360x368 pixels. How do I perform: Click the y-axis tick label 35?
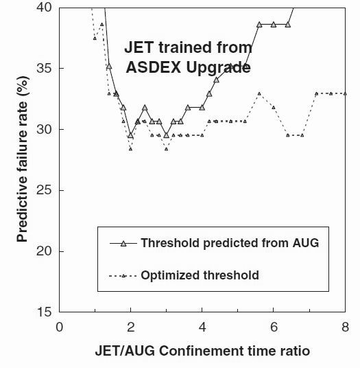[x=44, y=68]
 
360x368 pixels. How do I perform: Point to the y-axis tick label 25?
[x=44, y=190]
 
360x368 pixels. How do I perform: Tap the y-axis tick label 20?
[x=44, y=251]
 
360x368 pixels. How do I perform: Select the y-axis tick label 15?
[x=44, y=312]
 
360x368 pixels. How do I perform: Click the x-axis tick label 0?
[x=59, y=327]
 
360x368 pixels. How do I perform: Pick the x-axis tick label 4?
[x=202, y=327]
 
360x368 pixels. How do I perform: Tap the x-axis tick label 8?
[x=345, y=327]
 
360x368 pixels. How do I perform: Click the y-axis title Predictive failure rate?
[x=22, y=159]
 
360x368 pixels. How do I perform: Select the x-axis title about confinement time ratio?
[x=202, y=351]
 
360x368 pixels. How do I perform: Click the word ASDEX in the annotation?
[x=154, y=67]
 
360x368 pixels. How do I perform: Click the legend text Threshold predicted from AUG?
[x=230, y=243]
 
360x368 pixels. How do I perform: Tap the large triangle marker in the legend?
[x=123, y=243]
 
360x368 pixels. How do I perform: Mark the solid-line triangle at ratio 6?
[x=274, y=25]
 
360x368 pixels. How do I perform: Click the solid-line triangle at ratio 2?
[x=130, y=135]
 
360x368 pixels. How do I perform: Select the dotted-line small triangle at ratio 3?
[x=167, y=149]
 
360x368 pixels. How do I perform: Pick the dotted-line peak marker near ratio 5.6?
[x=259, y=93]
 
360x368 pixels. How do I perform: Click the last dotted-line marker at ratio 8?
[x=345, y=93]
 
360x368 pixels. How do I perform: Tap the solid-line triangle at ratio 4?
[x=202, y=108]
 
